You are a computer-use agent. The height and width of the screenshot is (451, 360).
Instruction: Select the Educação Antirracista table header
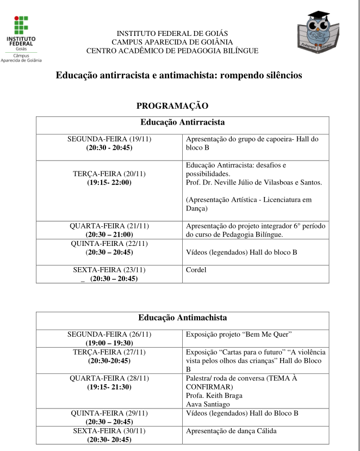click(183, 122)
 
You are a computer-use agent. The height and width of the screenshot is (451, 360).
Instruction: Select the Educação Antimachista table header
click(183, 317)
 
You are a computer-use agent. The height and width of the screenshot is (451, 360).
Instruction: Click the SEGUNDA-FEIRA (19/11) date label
click(109, 139)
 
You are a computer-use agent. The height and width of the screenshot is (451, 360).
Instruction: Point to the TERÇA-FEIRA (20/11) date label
click(109, 174)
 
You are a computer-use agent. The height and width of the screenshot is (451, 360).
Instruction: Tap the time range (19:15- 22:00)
click(109, 182)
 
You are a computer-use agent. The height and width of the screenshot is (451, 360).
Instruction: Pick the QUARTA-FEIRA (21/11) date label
click(109, 226)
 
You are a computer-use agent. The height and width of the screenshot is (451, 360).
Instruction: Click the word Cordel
click(196, 269)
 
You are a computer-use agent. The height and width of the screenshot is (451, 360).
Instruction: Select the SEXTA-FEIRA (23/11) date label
click(109, 270)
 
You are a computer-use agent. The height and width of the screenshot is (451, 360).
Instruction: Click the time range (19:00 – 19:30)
click(109, 343)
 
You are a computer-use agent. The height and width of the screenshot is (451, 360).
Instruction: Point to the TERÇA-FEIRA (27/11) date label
click(109, 352)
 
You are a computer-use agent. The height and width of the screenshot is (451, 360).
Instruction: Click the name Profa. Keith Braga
click(214, 396)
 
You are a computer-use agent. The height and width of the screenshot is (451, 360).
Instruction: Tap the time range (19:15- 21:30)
click(109, 387)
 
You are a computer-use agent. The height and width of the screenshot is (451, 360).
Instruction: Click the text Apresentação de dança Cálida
click(231, 431)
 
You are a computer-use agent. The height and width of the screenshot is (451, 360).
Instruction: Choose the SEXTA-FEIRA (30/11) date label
click(109, 431)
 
